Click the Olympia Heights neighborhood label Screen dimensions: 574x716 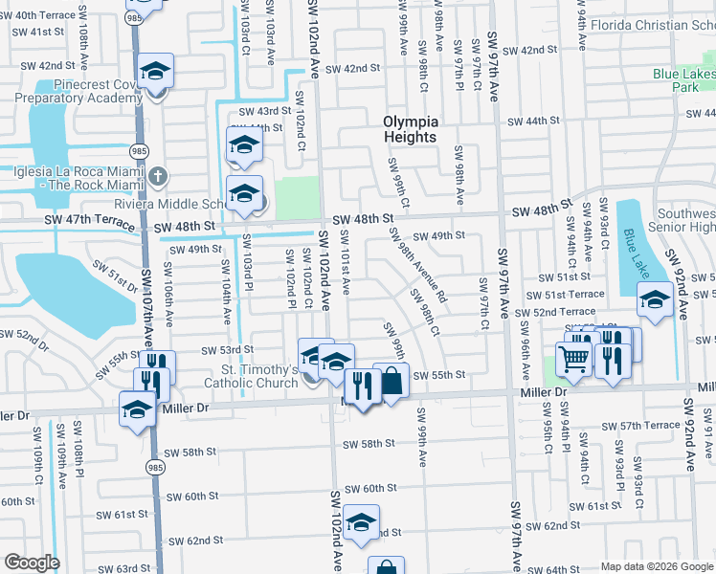[x=411, y=129]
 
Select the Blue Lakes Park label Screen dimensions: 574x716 [x=683, y=80]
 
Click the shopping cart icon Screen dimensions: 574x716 [x=573, y=360]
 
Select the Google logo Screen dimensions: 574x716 [x=32, y=563]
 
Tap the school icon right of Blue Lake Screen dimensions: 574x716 [x=655, y=299]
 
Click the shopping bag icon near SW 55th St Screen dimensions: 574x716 [x=392, y=382]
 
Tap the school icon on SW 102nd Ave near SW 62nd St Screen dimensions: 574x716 [x=362, y=522]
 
